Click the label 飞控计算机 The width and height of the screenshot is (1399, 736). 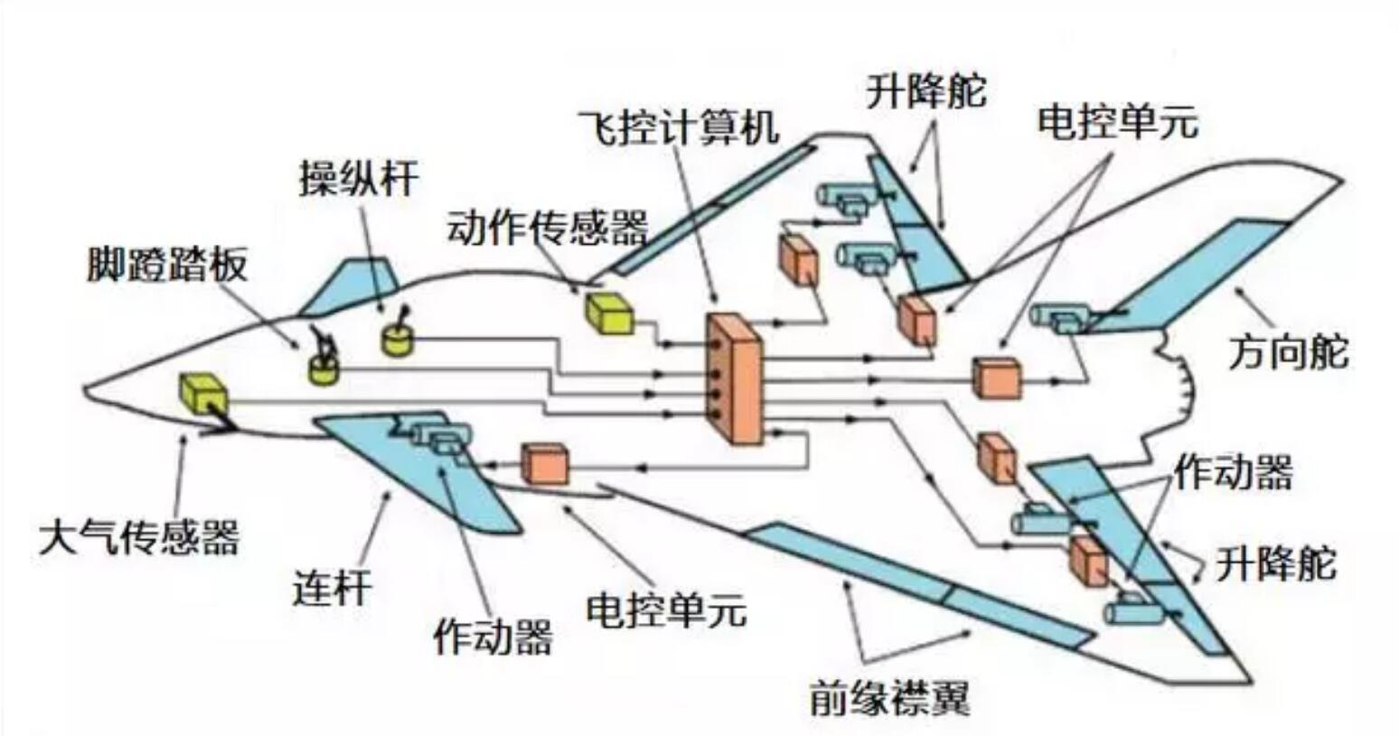coord(679,126)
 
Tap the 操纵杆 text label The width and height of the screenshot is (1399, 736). coord(359,178)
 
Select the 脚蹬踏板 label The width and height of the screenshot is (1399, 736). coord(167,265)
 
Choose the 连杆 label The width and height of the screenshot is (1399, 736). coord(332,588)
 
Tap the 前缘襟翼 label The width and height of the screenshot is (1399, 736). coord(889,697)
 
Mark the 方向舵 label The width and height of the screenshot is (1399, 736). coord(1288,351)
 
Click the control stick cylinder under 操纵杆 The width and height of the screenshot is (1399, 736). coord(396,340)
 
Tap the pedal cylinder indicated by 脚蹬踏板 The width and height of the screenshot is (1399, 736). coord(324,368)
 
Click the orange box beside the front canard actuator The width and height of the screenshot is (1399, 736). coord(545,463)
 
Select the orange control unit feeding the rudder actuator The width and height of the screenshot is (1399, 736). coord(996,377)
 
